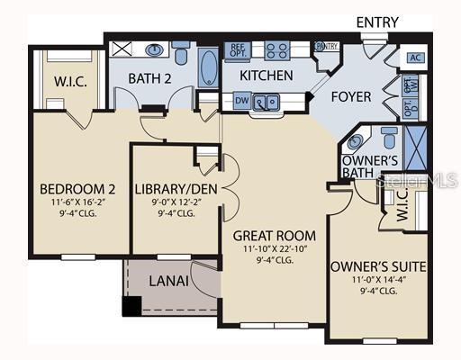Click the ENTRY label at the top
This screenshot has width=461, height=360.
click(x=379, y=22)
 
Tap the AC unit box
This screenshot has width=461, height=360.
click(x=416, y=58)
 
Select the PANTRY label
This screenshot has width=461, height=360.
click(x=326, y=47)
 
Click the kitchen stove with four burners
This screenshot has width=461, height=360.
click(x=276, y=50)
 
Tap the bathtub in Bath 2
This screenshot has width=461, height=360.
click(x=207, y=67)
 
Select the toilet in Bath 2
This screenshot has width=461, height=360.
click(x=181, y=53)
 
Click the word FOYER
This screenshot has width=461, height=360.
click(x=352, y=95)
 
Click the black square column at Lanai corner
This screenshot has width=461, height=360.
click(x=132, y=306)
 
